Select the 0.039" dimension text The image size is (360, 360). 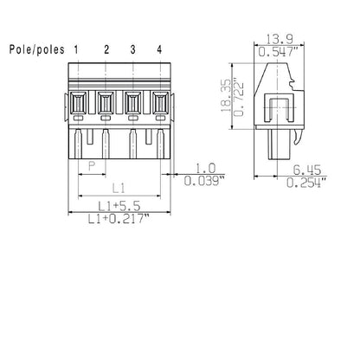[205, 181]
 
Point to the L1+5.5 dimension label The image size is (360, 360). [118, 206]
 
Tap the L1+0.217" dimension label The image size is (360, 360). [120, 220]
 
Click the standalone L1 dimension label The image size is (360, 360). [120, 186]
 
